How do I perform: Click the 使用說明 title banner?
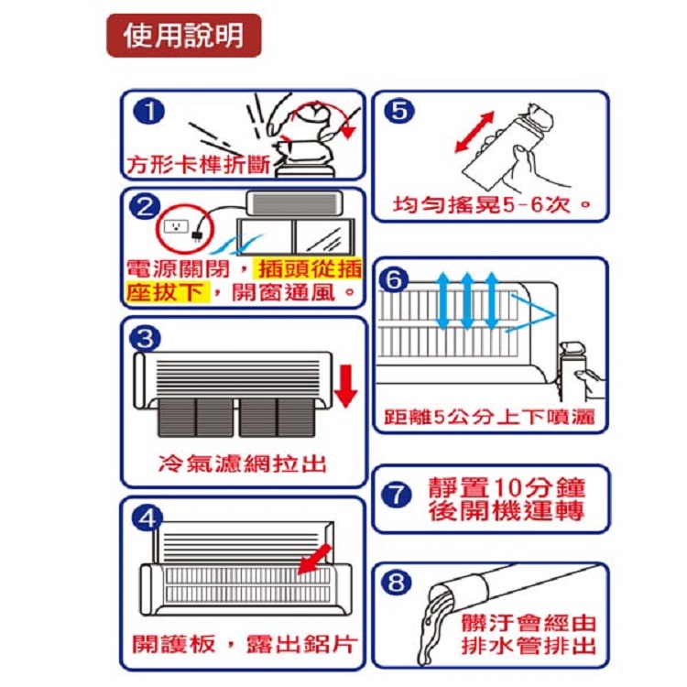click(x=184, y=36)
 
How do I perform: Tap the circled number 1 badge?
click(x=149, y=111)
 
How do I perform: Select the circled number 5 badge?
click(x=398, y=111)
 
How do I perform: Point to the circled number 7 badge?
click(x=396, y=495)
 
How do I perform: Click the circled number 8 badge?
click(x=396, y=583)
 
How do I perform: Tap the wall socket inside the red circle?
click(x=176, y=226)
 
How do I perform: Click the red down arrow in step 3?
click(x=345, y=387)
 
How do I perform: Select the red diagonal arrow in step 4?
click(x=315, y=559)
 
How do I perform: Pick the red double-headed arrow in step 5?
click(x=474, y=132)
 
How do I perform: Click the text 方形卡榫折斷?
click(x=198, y=165)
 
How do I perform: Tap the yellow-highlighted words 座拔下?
click(x=165, y=292)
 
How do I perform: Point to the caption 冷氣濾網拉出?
click(x=243, y=463)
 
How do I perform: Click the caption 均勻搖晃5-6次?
click(x=482, y=204)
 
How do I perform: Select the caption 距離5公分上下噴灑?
click(x=489, y=417)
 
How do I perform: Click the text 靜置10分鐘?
click(x=507, y=487)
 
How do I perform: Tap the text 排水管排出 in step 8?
click(x=529, y=646)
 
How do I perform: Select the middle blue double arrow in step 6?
click(x=467, y=300)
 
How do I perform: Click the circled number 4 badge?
click(x=147, y=518)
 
